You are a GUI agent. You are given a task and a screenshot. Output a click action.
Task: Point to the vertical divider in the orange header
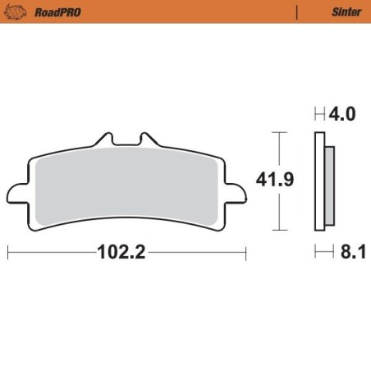click(x=296, y=12)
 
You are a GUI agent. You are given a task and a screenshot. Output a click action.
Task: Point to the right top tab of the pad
click(x=147, y=141)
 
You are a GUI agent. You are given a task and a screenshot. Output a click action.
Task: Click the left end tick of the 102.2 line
click(x=8, y=253)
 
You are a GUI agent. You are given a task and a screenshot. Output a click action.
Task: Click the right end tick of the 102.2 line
click(x=245, y=253)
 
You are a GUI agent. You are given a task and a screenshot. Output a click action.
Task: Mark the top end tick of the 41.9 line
click(x=282, y=131)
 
